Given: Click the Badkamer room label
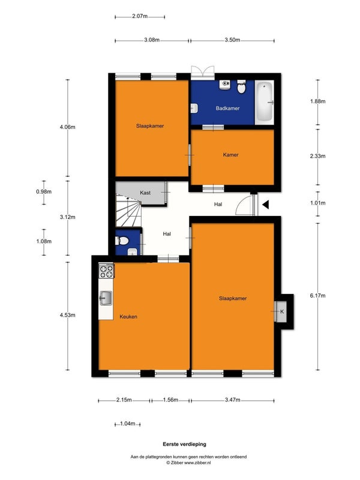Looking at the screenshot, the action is pos(227,109).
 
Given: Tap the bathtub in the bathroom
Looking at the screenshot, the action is pos(264,102).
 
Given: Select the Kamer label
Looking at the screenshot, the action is pos(230,155).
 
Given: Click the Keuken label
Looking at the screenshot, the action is pos(128,317).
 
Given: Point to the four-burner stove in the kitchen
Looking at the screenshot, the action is pos(106,271).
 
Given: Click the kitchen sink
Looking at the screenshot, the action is pos(106,298).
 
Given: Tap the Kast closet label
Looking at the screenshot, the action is pos(145,193).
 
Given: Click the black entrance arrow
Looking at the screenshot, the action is pos(265,205).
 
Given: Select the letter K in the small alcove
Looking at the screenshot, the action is pos(282,311).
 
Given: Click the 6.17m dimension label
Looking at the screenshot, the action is pos(317,296).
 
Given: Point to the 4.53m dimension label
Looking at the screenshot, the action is pos(67,315).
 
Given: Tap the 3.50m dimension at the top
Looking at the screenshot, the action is pos(232,40).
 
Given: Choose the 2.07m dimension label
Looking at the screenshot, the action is pos(140,16).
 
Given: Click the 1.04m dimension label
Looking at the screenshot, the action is pos(127,424).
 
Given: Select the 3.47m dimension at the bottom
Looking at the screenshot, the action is pos(233,400).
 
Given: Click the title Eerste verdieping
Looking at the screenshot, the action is pos(184,444).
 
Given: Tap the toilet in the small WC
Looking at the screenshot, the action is pos(122,241).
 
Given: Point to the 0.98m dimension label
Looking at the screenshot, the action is pos(44,192).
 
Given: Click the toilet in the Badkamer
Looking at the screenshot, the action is pos(242,87).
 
